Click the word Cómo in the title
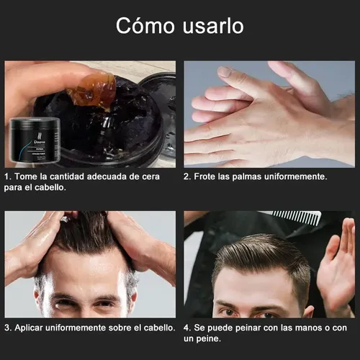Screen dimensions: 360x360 pos(145,25)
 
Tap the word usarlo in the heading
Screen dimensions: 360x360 pos(213,25)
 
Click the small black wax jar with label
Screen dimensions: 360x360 pos(35,140)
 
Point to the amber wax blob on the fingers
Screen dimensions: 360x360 pos(92,91)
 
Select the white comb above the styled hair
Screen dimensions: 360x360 pos(297,217)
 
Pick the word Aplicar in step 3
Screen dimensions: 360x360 pos(29,328)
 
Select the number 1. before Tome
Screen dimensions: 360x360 pos(7,176)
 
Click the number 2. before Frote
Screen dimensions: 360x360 pos(187,176)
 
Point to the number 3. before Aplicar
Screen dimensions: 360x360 pos(8,328)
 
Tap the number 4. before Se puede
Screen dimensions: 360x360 pos(187,328)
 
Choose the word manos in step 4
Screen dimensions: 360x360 pos(308,328)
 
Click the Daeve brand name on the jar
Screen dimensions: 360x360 pos(40,142)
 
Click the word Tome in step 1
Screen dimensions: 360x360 pos(26,176)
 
